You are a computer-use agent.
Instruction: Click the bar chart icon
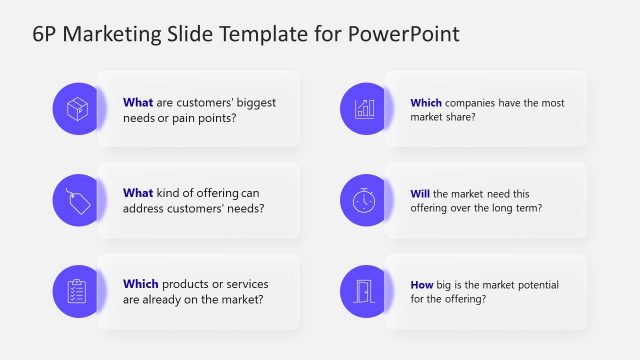(365, 108)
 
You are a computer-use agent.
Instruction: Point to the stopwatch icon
(365, 199)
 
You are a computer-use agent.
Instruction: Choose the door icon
(365, 291)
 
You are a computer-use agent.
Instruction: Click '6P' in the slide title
(46, 35)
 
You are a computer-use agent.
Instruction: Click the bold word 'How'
(423, 284)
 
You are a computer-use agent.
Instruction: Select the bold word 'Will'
(421, 193)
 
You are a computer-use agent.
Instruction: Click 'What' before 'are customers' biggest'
(138, 102)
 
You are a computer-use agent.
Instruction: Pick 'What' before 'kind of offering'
(138, 193)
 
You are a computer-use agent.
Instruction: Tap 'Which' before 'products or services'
(140, 284)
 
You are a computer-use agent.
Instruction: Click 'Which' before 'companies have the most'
(427, 102)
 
